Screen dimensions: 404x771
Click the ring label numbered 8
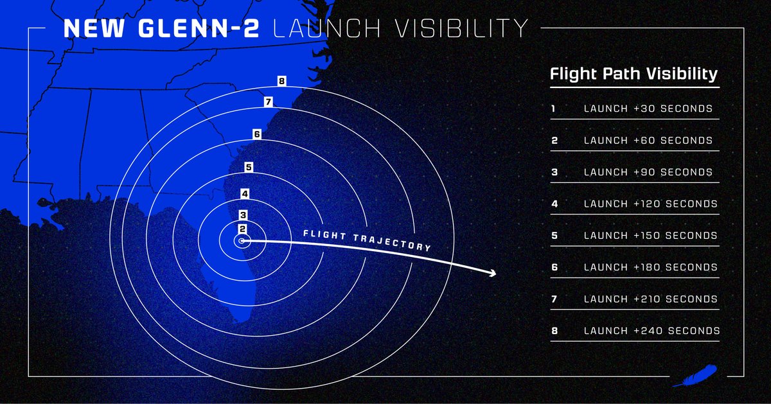point(281,82)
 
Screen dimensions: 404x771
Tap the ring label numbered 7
point(269,101)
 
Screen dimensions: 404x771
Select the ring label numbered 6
point(257,134)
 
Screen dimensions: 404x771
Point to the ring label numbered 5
point(249,167)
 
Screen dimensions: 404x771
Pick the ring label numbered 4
point(245,193)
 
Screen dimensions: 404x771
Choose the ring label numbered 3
point(243,215)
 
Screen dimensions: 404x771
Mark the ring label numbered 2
point(242,229)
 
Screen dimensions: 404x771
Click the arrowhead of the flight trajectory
point(492,274)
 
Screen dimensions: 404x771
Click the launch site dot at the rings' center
point(242,242)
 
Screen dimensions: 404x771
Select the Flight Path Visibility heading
point(634,74)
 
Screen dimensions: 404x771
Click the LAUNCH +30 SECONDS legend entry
point(648,109)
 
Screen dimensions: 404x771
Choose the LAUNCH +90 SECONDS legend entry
point(648,172)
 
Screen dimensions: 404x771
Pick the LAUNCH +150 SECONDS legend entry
point(650,236)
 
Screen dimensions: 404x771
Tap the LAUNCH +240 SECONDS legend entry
point(651,331)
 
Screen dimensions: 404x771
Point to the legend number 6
point(554,267)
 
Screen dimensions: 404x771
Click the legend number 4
point(554,204)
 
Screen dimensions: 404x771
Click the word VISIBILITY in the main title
point(400,28)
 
